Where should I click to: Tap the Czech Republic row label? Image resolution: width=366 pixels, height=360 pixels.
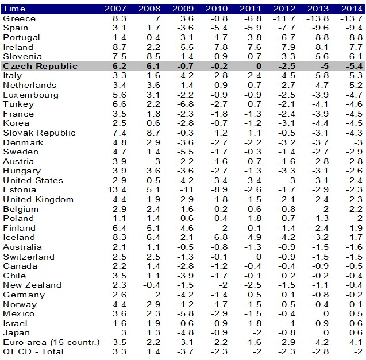pyautogui.click(x=40, y=66)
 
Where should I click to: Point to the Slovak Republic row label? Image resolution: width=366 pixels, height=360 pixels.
pyautogui.click(x=39, y=133)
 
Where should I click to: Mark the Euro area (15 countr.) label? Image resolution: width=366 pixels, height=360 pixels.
pyautogui.click(x=51, y=342)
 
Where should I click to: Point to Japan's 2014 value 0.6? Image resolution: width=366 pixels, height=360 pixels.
pyautogui.click(x=355, y=332)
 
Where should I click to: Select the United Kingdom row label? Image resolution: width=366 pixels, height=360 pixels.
pyautogui.click(x=38, y=199)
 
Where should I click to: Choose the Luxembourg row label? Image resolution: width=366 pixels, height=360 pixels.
pyautogui.click(x=30, y=95)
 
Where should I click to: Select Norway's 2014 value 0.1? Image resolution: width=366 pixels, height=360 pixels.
pyautogui.click(x=355, y=304)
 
